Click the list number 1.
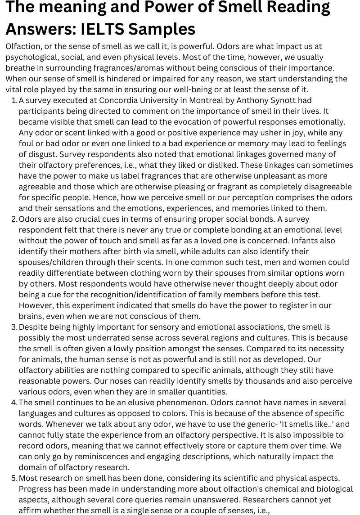(13, 100)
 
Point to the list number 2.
(13, 219)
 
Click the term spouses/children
(56, 262)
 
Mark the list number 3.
(13, 327)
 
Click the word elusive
(126, 403)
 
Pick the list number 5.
(13, 478)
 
